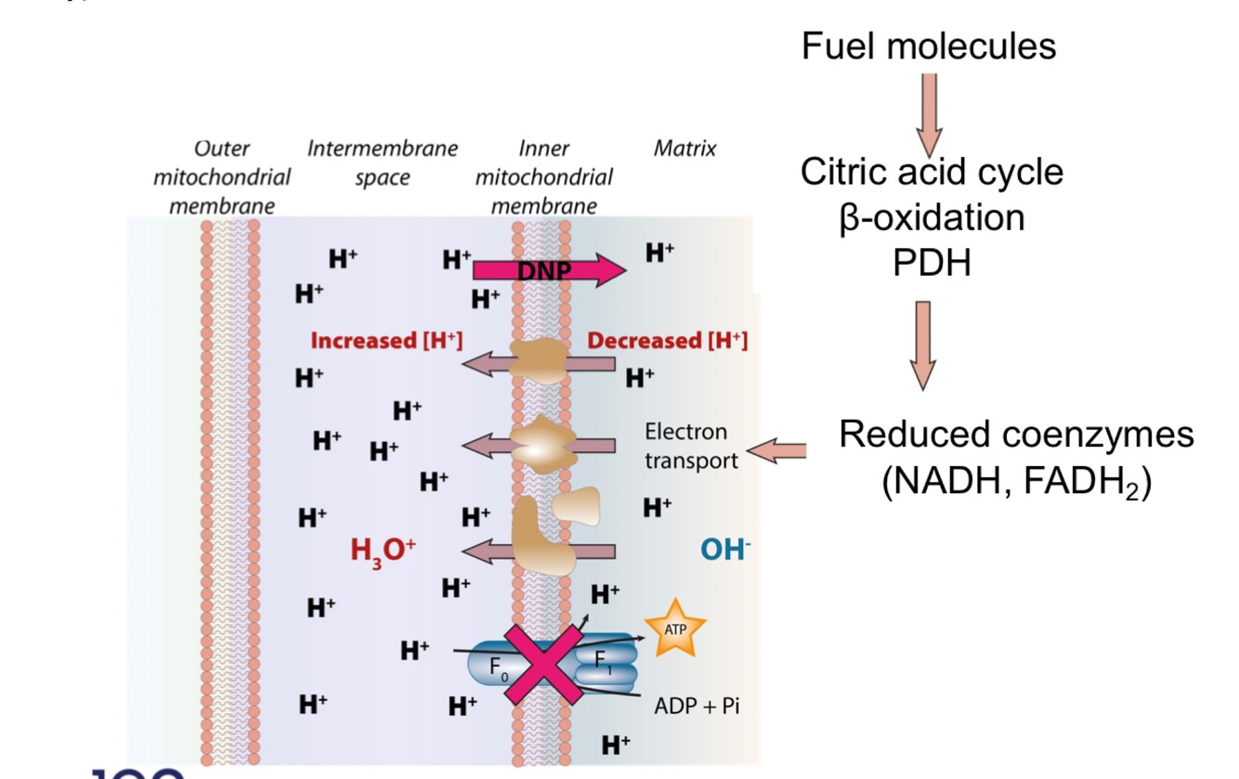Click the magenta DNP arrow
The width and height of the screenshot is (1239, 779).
tap(548, 270)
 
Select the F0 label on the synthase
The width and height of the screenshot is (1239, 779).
tap(502, 666)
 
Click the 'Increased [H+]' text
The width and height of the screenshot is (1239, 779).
tap(386, 341)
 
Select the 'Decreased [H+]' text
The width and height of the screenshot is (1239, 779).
tap(667, 341)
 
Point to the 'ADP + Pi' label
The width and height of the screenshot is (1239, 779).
tap(697, 706)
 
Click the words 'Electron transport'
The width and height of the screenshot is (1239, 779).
tap(691, 446)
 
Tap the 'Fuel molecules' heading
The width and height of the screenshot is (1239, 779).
tap(929, 45)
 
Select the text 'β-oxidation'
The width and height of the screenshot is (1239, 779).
tap(932, 217)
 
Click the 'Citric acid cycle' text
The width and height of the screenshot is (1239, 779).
tap(932, 172)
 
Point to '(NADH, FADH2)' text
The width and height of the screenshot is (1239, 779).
tap(1016, 483)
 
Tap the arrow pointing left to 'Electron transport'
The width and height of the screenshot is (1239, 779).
tap(776, 452)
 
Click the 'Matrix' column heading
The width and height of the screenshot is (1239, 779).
tap(685, 149)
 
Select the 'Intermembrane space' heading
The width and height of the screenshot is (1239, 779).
tap(383, 162)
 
